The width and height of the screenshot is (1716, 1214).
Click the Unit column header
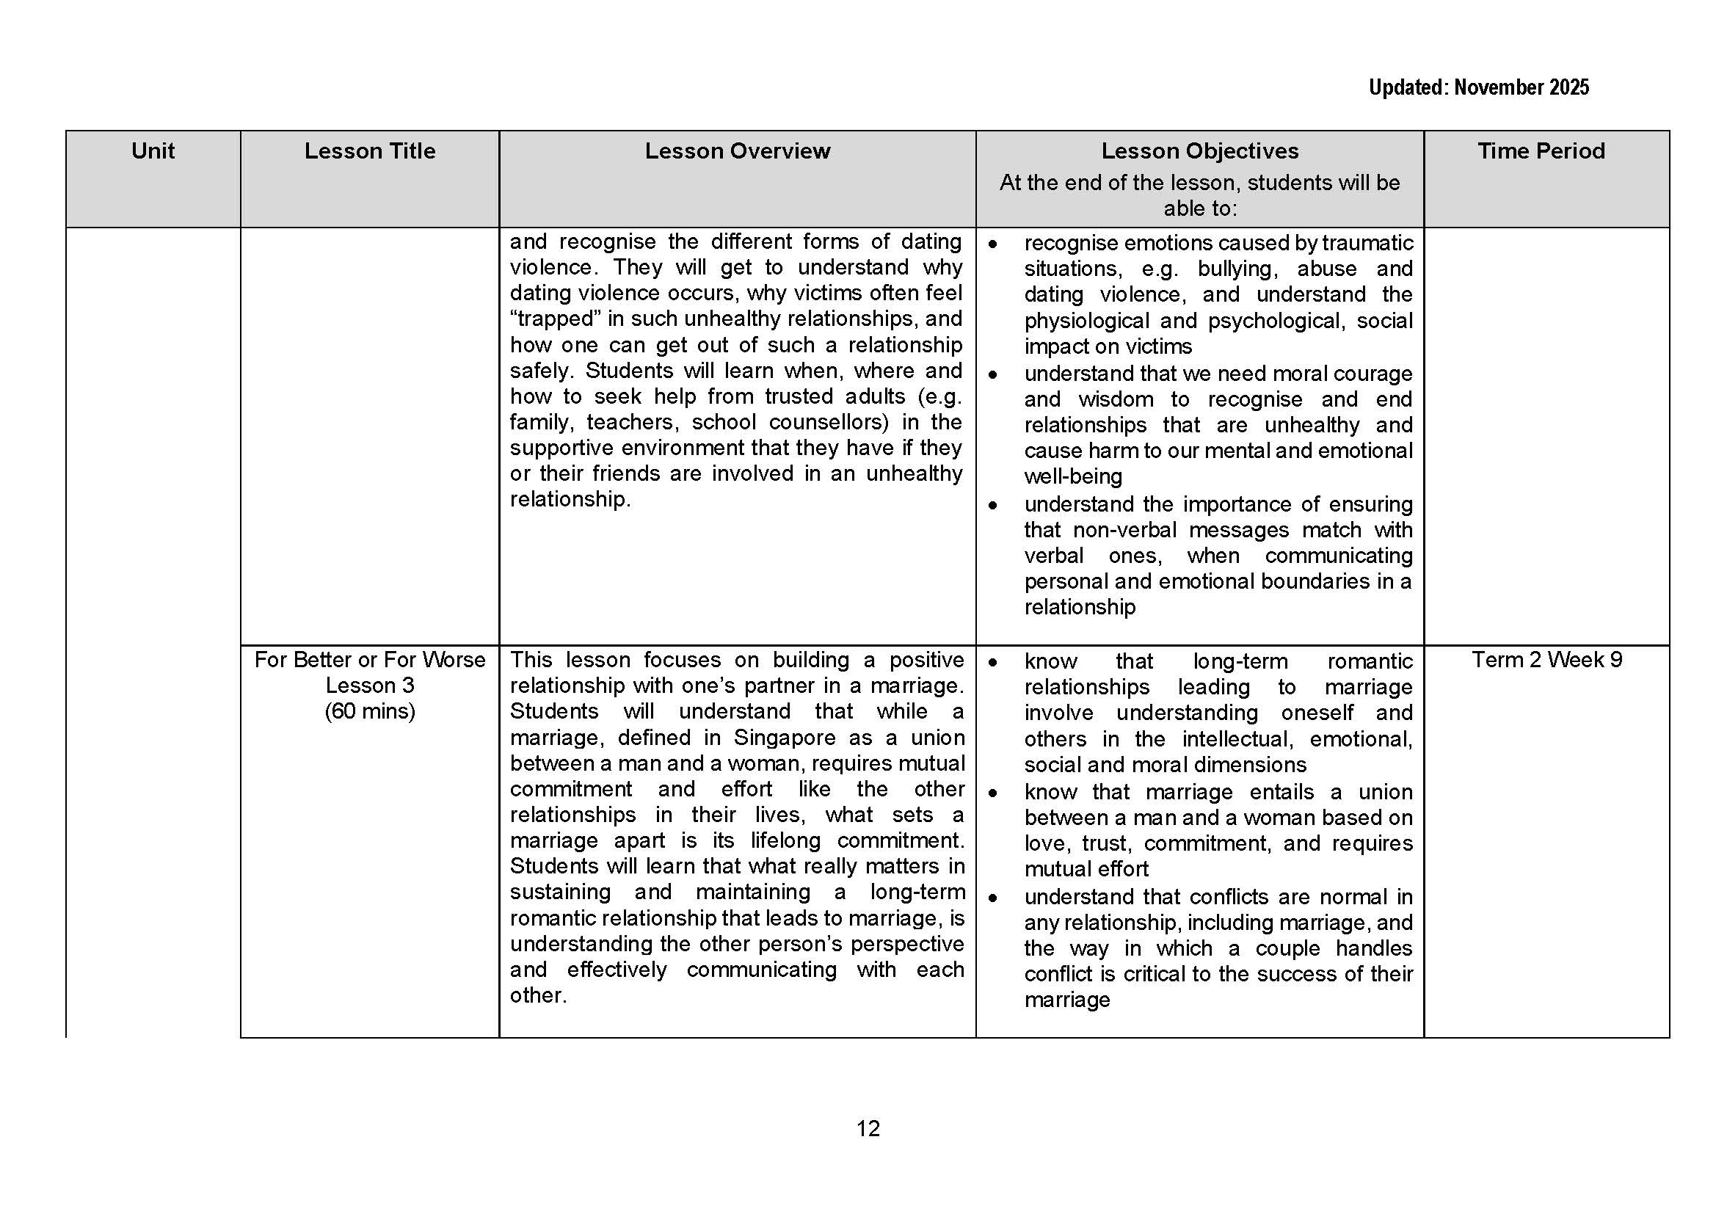click(153, 151)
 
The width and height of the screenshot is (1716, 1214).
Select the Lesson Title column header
click(369, 151)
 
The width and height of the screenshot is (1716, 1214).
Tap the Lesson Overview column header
click(737, 151)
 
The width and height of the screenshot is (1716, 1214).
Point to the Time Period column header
click(1541, 151)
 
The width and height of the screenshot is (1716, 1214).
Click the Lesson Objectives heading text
click(1199, 151)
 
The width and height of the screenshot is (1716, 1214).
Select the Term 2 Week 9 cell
click(1546, 659)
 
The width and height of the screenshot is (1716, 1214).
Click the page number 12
click(868, 1128)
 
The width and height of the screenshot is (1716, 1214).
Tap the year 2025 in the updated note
click(1568, 87)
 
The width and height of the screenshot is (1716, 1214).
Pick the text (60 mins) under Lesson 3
click(369, 710)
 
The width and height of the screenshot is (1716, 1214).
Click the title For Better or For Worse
click(369, 659)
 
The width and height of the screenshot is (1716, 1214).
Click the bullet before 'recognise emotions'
click(992, 244)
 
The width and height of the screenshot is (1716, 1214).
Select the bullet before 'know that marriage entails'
click(992, 793)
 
